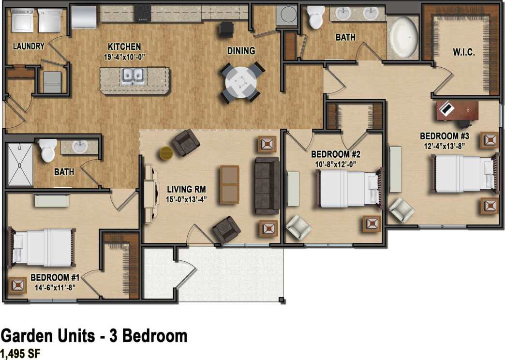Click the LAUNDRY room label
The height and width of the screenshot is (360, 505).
tap(29, 46)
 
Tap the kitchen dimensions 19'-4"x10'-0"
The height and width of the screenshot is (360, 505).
tap(124, 56)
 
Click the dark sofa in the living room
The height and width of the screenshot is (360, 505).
tap(267, 185)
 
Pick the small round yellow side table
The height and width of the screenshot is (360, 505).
tap(166, 153)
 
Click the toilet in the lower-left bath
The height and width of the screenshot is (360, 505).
tap(48, 150)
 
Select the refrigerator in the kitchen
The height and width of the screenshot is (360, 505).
tap(84, 17)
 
